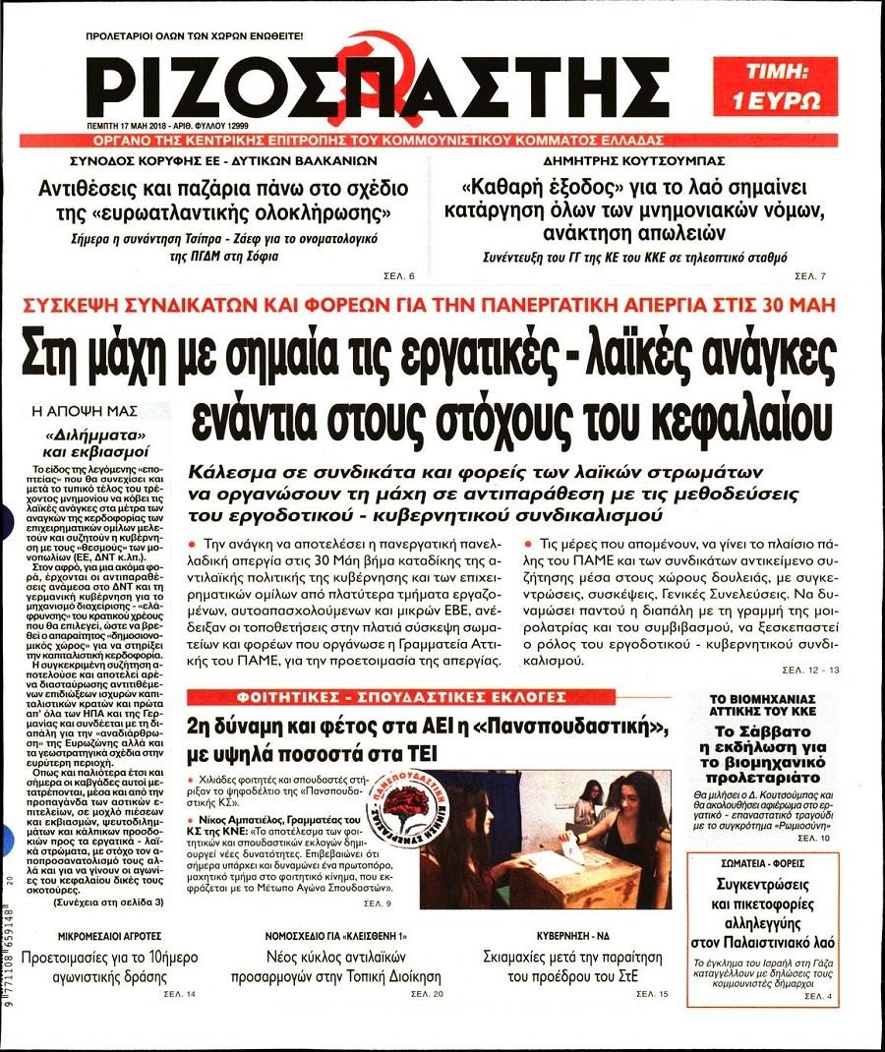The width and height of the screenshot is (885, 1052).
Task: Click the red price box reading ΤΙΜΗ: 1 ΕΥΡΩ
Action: pyautogui.click(x=776, y=87)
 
